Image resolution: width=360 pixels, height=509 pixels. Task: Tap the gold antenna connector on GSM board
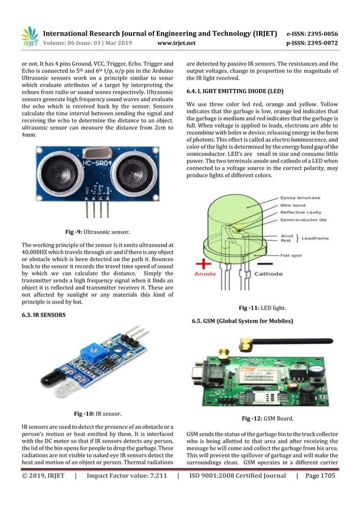click(x=247, y=344)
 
